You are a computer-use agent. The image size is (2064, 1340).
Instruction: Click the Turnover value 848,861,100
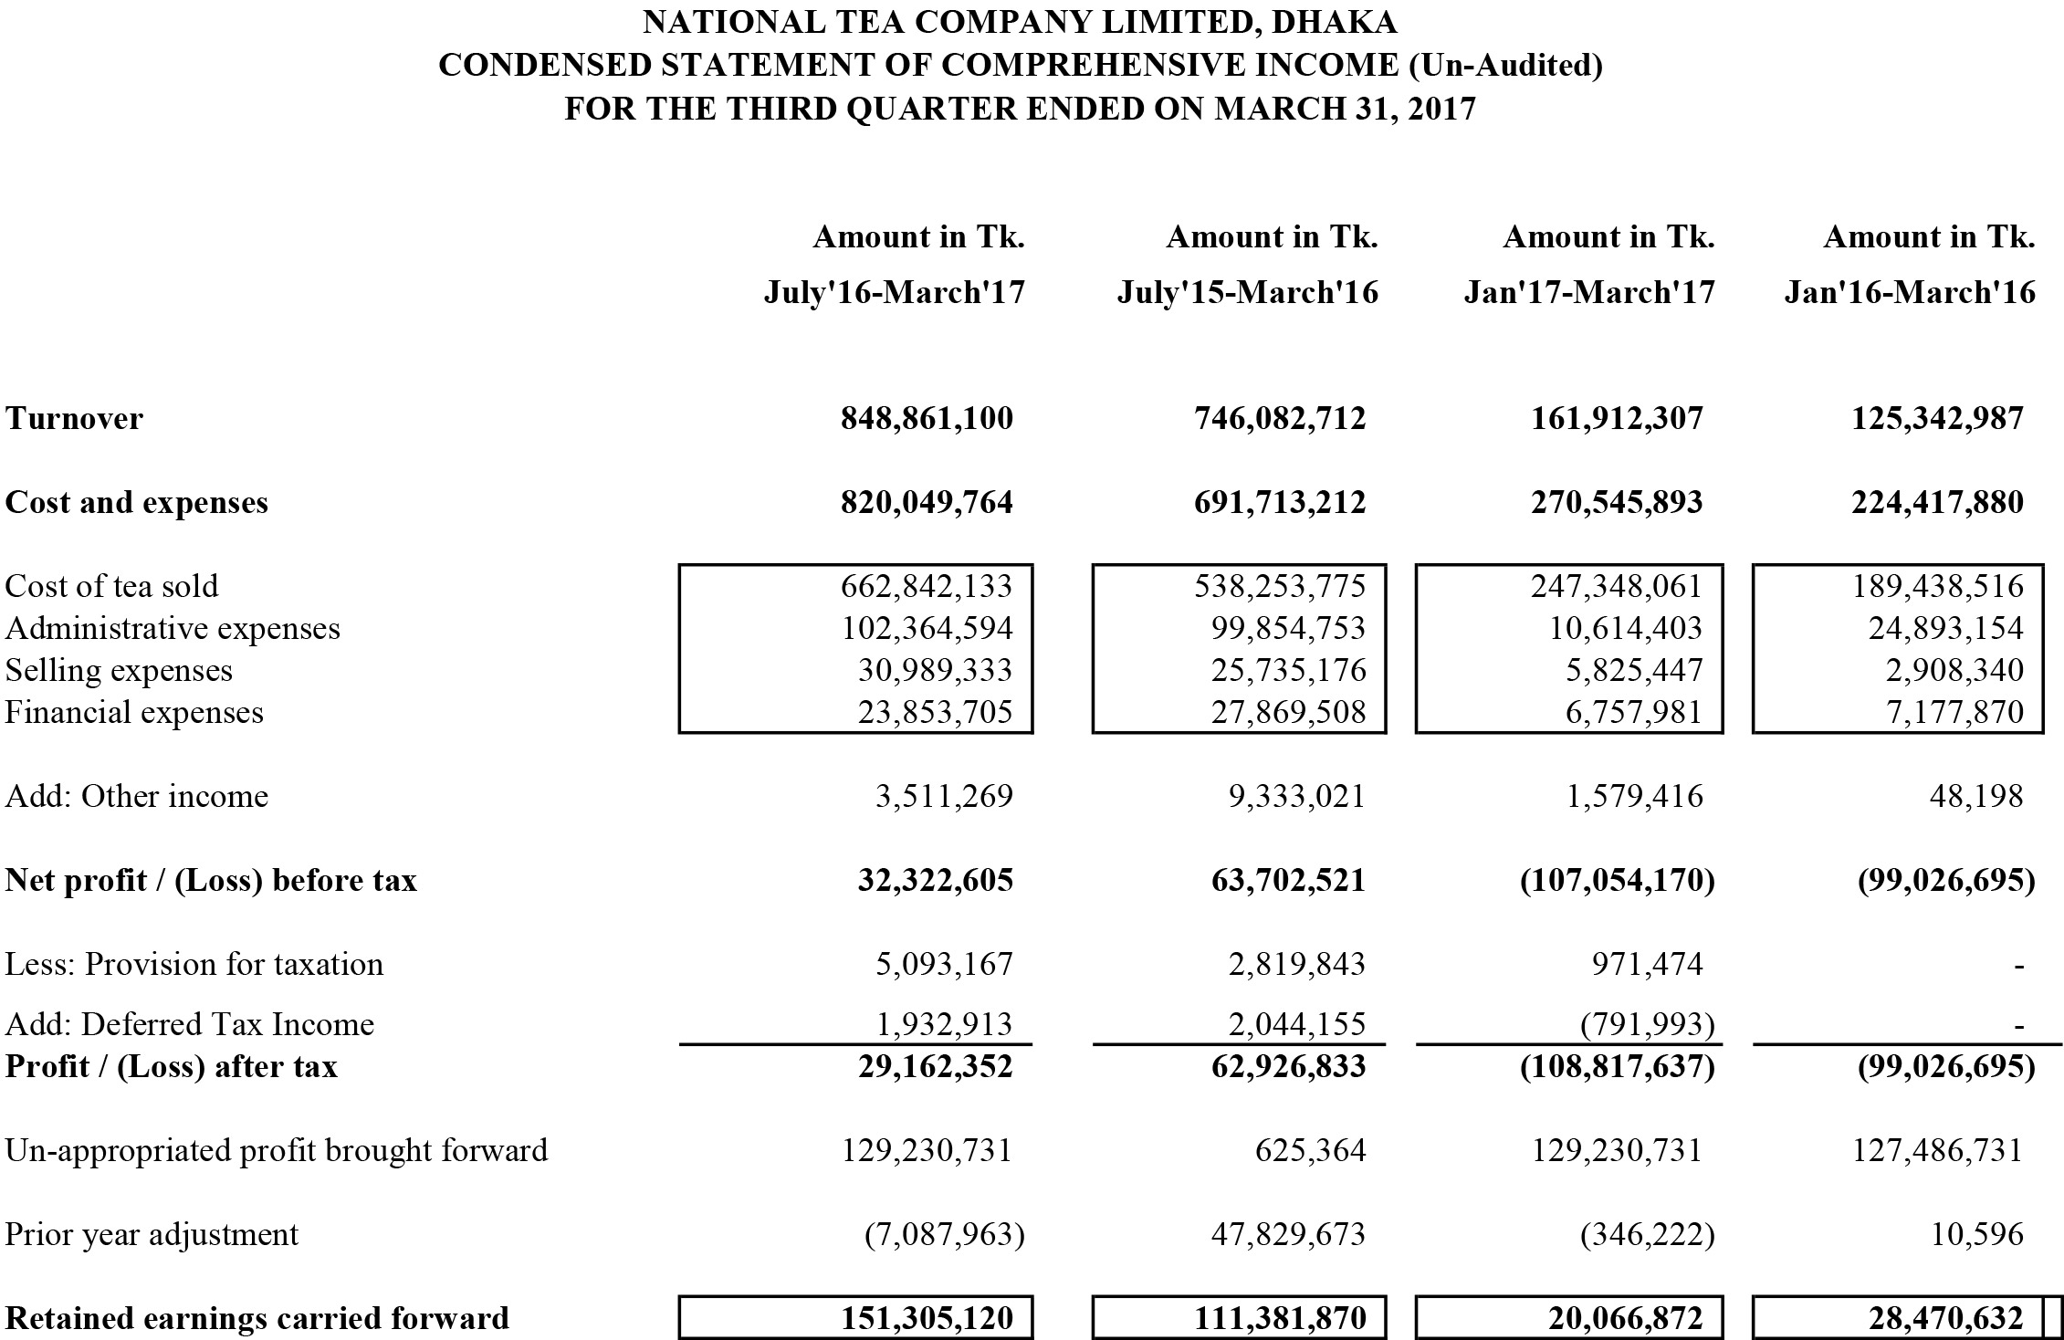tap(927, 419)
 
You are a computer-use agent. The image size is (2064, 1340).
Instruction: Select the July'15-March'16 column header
tap(1248, 293)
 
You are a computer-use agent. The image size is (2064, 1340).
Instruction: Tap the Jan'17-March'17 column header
tap(1589, 293)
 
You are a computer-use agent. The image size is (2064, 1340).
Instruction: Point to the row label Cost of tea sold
tap(111, 586)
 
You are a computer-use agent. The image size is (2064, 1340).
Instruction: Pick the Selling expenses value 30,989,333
tap(935, 670)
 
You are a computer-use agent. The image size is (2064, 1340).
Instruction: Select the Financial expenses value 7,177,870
tap(1955, 712)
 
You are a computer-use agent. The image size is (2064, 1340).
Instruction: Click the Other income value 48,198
tap(1978, 796)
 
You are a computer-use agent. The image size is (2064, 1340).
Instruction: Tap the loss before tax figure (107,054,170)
tap(1618, 880)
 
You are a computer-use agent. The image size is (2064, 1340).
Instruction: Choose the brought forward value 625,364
tap(1311, 1150)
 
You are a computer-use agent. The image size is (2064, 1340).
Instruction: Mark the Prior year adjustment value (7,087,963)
tap(945, 1234)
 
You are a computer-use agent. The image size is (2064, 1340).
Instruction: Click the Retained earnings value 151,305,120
tap(927, 1318)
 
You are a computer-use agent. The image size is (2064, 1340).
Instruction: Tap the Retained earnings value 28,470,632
tap(1938, 1318)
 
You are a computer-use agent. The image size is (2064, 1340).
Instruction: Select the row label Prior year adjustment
tap(152, 1234)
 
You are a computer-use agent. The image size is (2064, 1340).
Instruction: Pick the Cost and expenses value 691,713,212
tap(1280, 503)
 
